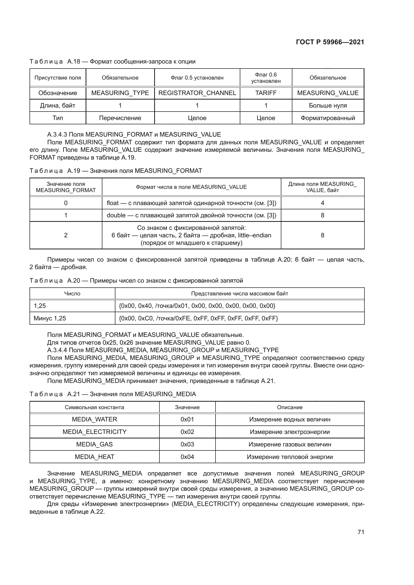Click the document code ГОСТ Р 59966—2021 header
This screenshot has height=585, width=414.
click(x=330, y=42)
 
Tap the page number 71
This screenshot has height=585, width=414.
click(x=361, y=532)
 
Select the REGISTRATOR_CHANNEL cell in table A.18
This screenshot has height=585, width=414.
click(x=197, y=93)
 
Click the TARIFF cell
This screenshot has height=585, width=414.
click(x=266, y=93)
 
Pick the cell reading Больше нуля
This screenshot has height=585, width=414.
click(x=328, y=106)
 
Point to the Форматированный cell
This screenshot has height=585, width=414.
click(x=328, y=118)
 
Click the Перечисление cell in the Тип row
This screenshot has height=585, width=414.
click(x=120, y=118)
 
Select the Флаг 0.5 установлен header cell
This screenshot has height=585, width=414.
click(x=197, y=78)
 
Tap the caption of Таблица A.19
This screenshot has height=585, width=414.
click(x=116, y=171)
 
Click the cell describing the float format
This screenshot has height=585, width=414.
click(x=191, y=203)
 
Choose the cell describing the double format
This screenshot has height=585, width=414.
click(x=191, y=215)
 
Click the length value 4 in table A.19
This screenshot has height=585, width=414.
click(x=322, y=203)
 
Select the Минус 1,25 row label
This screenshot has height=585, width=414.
click(x=50, y=318)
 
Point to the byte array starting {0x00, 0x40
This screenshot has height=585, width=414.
click(x=197, y=306)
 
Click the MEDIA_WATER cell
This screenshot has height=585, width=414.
click(x=94, y=419)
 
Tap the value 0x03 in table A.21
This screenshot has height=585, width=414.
click(x=187, y=444)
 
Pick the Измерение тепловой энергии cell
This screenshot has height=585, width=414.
click(x=290, y=457)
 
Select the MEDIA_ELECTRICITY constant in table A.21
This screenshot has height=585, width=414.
click(x=94, y=432)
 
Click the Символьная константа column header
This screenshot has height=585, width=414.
click(x=94, y=407)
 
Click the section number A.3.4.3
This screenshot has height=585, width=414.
click(x=57, y=135)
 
